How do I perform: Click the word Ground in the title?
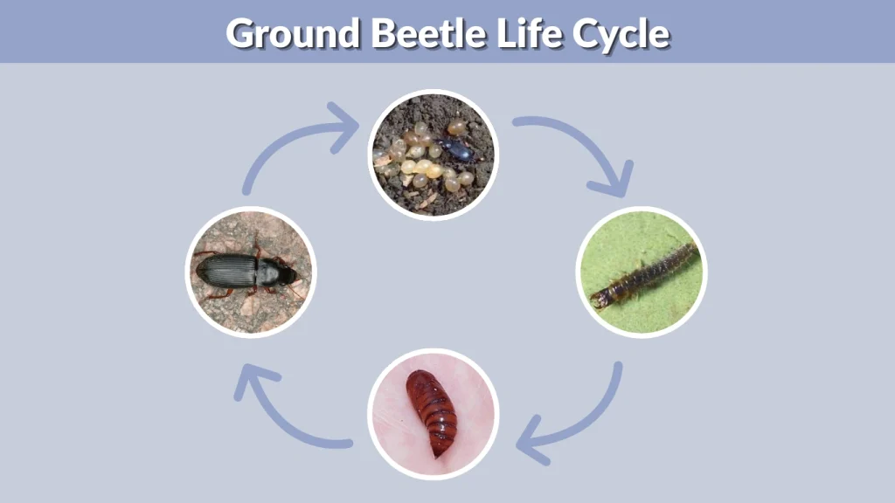[x=293, y=33]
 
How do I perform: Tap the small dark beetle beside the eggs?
[x=456, y=148]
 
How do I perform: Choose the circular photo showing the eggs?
[x=432, y=155]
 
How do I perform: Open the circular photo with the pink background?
[x=433, y=413]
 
